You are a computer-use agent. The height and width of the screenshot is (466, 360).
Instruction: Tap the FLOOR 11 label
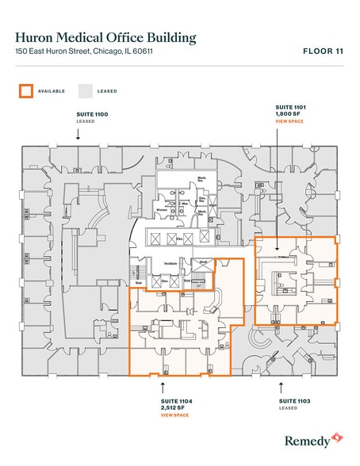click(323, 52)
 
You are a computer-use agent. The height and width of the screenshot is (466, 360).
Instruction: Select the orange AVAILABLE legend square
click(27, 91)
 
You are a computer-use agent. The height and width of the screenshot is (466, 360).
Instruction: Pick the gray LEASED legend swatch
click(86, 91)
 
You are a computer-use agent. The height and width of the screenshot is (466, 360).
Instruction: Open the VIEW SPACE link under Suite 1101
click(289, 121)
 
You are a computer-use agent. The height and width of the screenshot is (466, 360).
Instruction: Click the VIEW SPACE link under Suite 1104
click(174, 414)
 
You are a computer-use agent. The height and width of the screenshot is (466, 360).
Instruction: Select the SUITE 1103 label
click(294, 401)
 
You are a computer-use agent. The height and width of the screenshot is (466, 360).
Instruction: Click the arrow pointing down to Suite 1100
click(78, 135)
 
